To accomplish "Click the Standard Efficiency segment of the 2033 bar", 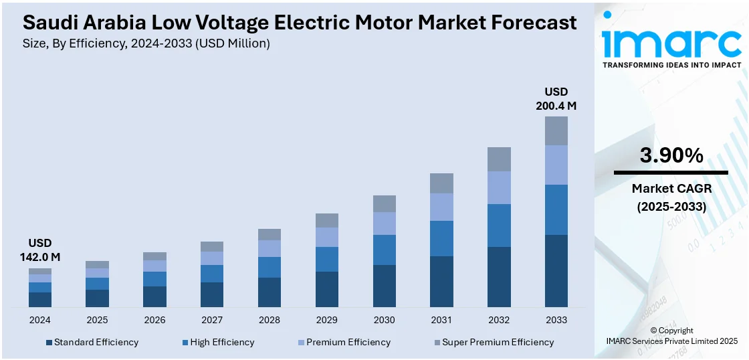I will [556, 271].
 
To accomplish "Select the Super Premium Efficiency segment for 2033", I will [556, 130].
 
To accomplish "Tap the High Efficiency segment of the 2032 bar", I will [499, 226].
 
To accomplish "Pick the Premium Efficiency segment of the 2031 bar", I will [441, 207].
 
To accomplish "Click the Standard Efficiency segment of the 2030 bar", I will [384, 286].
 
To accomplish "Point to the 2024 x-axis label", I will [40, 320].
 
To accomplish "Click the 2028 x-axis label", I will [270, 320].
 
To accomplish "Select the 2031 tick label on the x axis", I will [441, 320].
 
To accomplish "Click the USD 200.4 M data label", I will [556, 98].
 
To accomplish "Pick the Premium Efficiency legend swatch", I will [302, 343].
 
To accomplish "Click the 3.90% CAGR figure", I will [671, 156].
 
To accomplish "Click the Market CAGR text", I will [671, 189].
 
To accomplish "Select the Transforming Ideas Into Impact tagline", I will [671, 65].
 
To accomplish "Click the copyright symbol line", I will [671, 331].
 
